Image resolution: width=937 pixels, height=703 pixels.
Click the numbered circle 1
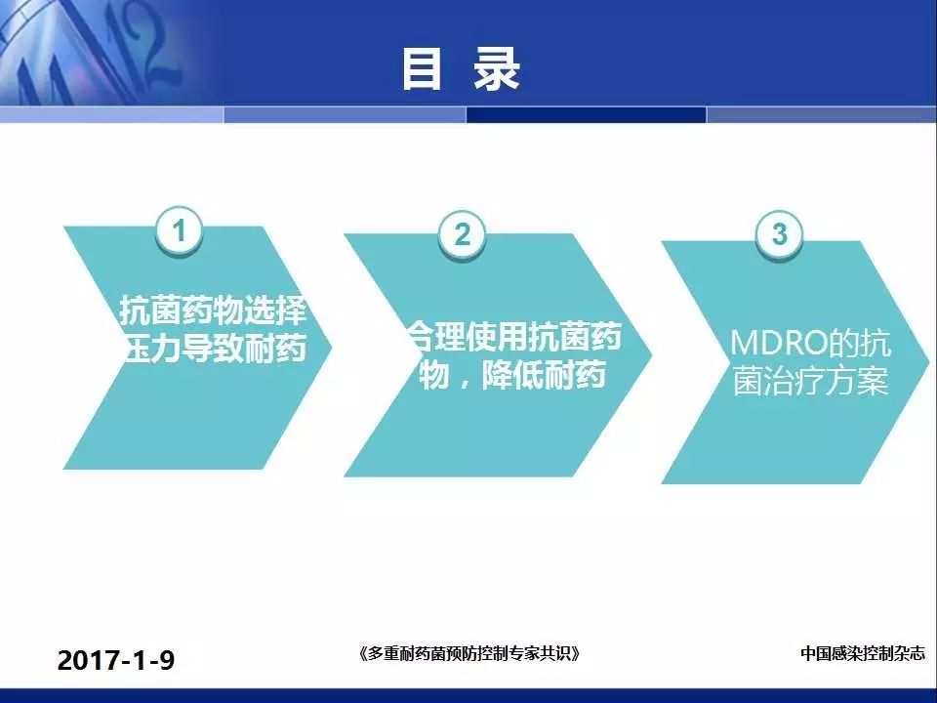click(179, 230)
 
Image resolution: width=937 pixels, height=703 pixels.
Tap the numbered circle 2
click(462, 234)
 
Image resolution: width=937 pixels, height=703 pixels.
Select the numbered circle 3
click(779, 233)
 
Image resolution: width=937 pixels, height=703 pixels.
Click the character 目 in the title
click(422, 69)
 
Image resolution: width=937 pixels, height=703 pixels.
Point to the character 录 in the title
click(497, 69)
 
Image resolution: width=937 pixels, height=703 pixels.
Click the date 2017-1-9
click(116, 660)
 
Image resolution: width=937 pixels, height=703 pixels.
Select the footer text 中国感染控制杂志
click(862, 653)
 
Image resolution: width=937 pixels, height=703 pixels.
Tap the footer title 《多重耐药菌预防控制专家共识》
click(469, 653)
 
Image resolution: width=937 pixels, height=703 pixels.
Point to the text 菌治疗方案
click(810, 380)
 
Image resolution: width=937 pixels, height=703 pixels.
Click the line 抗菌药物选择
click(214, 310)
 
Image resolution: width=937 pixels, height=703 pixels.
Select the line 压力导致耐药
click(215, 348)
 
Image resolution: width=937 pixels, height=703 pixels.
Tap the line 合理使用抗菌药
click(515, 337)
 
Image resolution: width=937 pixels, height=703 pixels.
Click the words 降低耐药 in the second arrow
click(544, 375)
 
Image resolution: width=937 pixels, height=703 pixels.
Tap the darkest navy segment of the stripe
click(587, 115)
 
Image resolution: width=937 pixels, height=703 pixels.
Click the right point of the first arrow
click(331, 348)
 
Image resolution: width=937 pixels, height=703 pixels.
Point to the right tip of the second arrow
click(651, 355)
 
